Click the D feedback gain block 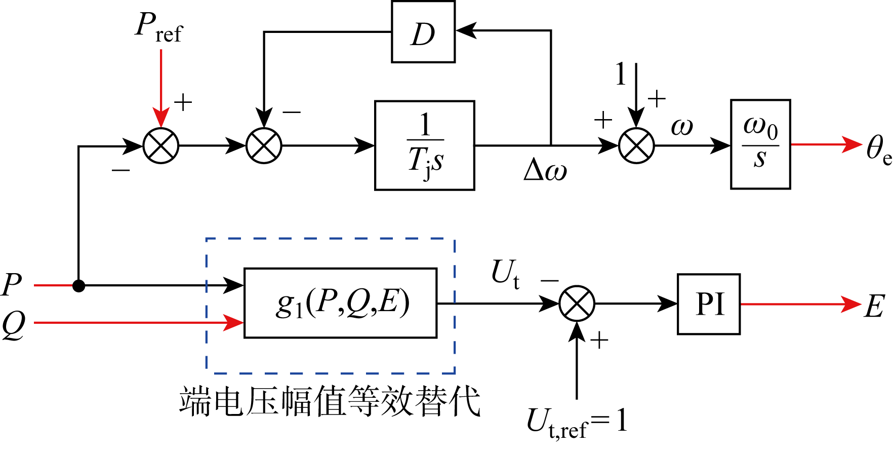tap(423, 32)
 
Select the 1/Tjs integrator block tap(424, 145)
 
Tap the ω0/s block tap(760, 144)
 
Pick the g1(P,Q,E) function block tap(340, 303)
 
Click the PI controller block tap(709, 304)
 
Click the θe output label tap(878, 149)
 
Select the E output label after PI tap(875, 306)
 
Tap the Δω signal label tap(545, 170)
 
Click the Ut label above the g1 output tap(505, 274)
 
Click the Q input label tap(13, 324)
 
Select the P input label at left tap(12, 285)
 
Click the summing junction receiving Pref tap(161, 146)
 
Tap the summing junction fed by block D tap(264, 146)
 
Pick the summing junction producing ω tap(636, 146)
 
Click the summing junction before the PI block tap(577, 304)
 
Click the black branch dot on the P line tap(78, 286)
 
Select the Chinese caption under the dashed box tap(329, 401)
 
